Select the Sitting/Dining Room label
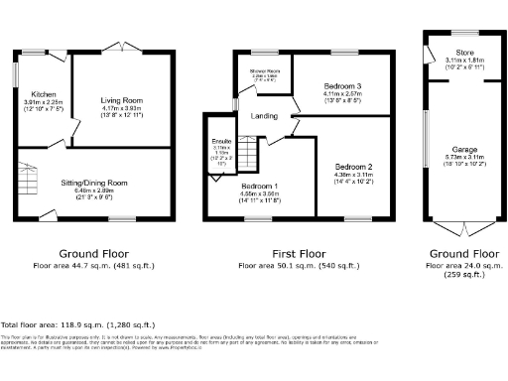[x=94, y=183]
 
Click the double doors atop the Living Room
[x=123, y=48]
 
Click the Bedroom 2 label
[x=353, y=166]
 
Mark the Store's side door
[x=427, y=50]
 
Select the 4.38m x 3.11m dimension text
[x=353, y=177]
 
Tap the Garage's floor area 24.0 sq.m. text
[x=456, y=266]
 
